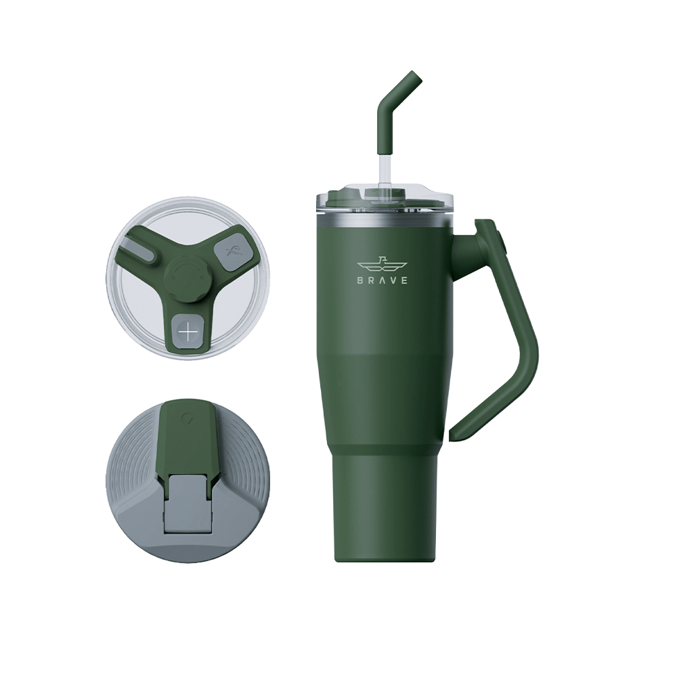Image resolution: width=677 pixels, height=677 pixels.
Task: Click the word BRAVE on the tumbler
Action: click(x=383, y=280)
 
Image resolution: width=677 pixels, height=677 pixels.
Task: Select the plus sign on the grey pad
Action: click(x=188, y=332)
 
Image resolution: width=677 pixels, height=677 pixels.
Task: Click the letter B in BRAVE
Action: click(x=360, y=280)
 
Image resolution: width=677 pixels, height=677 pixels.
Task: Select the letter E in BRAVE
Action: click(x=405, y=280)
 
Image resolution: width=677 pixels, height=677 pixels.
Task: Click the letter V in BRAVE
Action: click(x=393, y=280)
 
